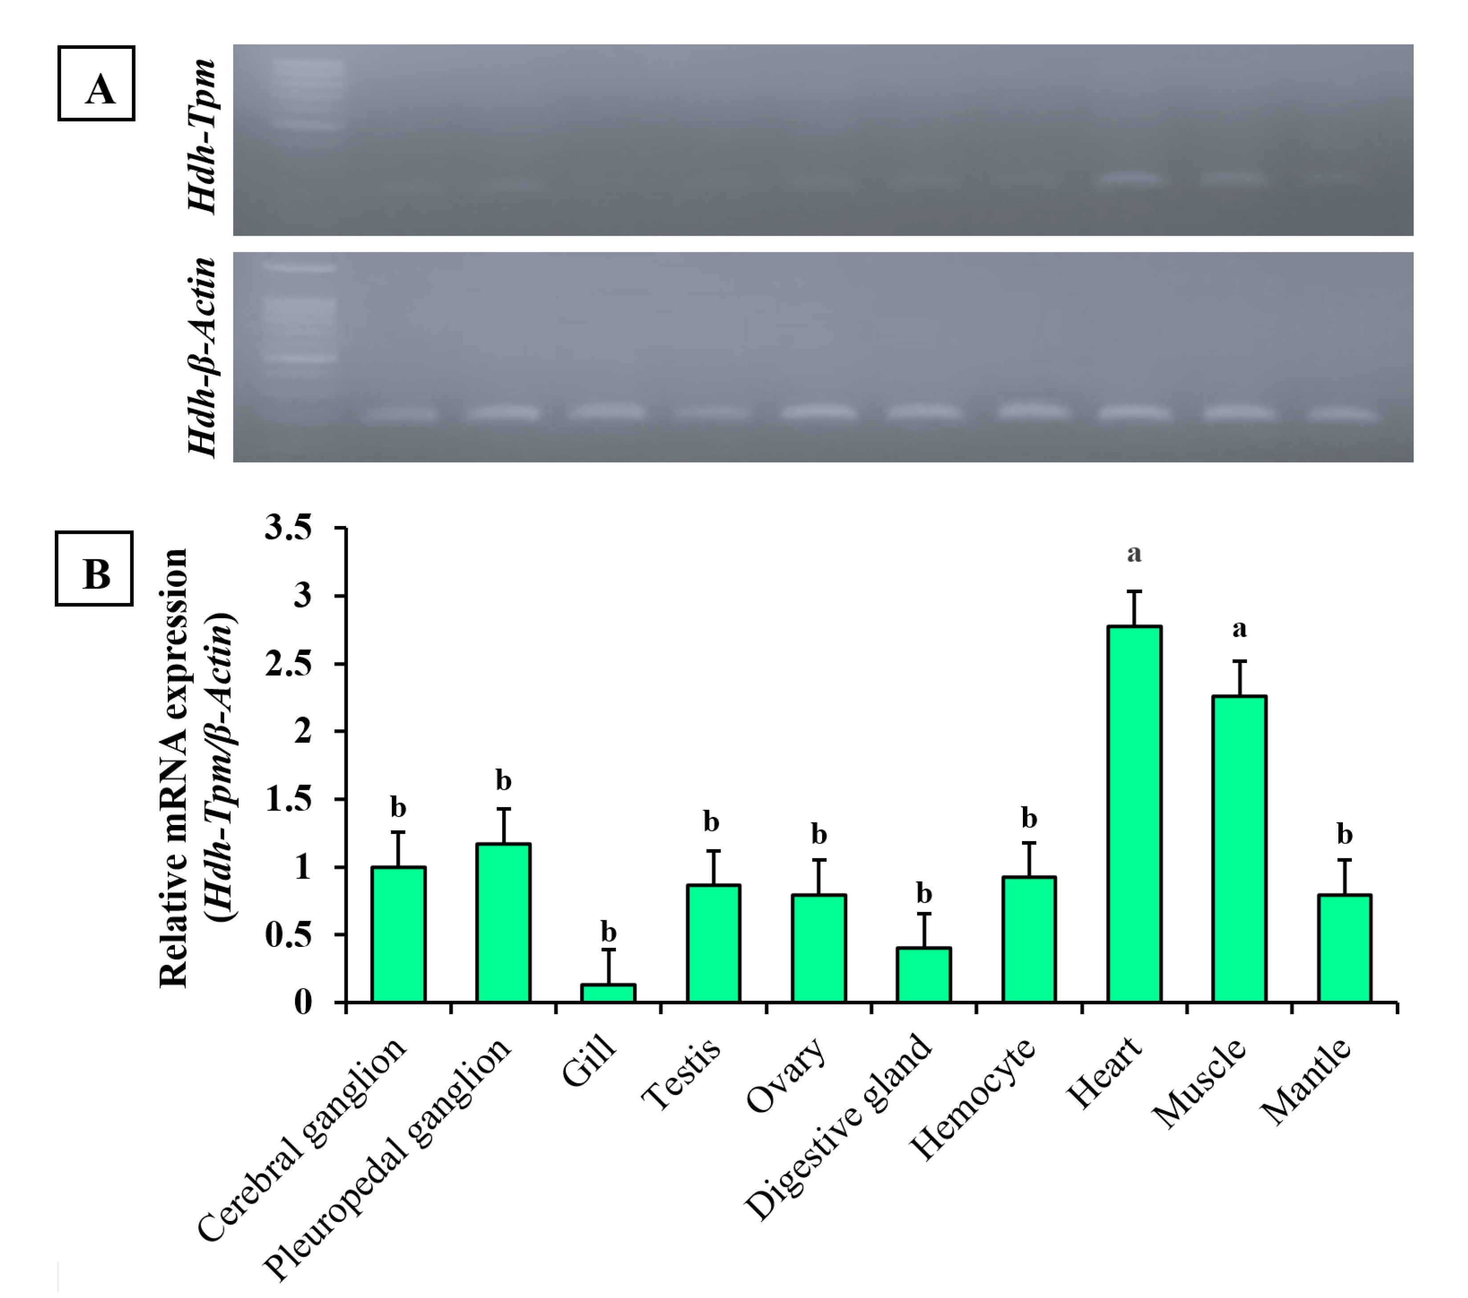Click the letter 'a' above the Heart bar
pyautogui.click(x=1134, y=554)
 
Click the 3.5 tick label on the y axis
pyautogui.click(x=289, y=528)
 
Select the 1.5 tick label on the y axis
pyautogui.click(x=289, y=799)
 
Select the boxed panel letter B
pyautogui.click(x=94, y=569)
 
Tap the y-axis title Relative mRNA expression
pyautogui.click(x=174, y=768)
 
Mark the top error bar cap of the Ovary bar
pyautogui.click(x=819, y=859)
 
